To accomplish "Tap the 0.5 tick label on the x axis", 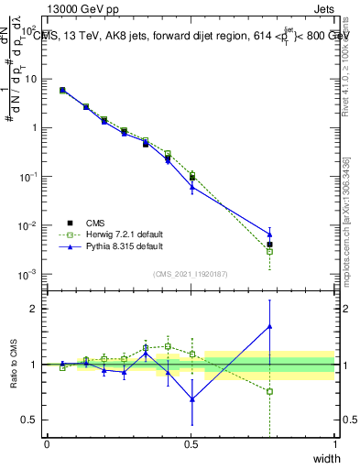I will (x=191, y=444).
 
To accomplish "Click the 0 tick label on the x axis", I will (x=48, y=444).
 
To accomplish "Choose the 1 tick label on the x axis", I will (x=335, y=444).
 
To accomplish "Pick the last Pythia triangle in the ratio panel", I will (x=269, y=326).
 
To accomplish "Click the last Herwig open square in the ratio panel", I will (x=269, y=391).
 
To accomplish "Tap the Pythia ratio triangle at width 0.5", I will (x=191, y=398).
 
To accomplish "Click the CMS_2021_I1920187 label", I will (x=191, y=273).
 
